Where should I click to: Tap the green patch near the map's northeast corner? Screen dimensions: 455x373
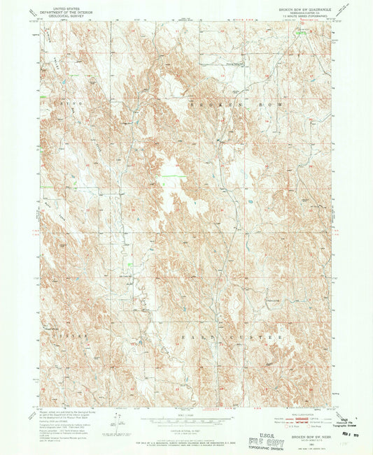[302, 31]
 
